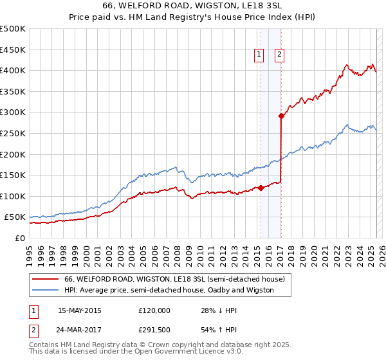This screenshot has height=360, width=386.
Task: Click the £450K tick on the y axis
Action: pos(13,50)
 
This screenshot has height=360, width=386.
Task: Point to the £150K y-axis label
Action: pos(13,175)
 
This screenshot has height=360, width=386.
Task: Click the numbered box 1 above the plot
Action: pos(259,55)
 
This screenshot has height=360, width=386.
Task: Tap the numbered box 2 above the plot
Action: pos(280,55)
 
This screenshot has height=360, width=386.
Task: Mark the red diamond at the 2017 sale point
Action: pos(281,116)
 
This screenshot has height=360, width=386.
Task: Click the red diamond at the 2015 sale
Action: pos(261,188)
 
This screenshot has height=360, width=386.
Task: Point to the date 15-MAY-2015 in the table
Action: pos(80,310)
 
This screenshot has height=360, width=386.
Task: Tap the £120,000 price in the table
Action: pos(154,310)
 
